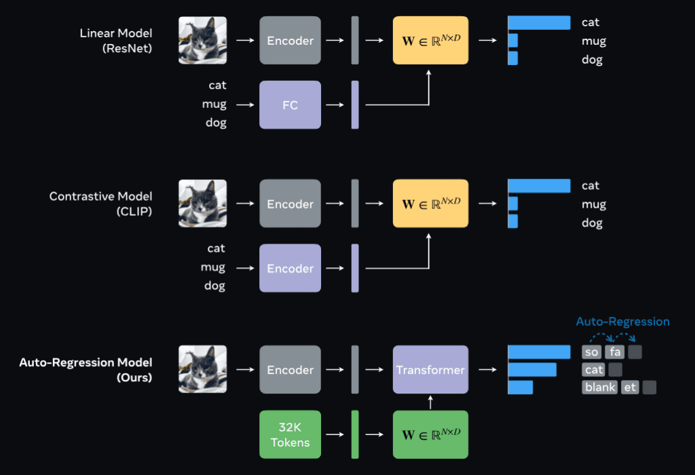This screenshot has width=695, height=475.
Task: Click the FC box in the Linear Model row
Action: point(290,105)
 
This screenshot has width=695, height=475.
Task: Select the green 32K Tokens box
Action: point(290,434)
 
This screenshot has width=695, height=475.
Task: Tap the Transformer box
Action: point(430,370)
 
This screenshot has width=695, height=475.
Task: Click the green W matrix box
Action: point(430,434)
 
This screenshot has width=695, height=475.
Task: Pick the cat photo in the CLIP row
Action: point(202,204)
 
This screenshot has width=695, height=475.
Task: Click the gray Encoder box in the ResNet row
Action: point(290,41)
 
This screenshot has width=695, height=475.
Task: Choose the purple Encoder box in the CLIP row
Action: point(290,268)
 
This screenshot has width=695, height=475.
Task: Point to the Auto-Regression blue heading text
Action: point(622,322)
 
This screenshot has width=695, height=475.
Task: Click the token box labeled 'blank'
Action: point(599,387)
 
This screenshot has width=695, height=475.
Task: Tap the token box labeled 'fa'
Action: point(614,352)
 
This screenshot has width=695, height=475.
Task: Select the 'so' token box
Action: point(591,352)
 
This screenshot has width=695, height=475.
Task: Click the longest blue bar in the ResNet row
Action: point(539,22)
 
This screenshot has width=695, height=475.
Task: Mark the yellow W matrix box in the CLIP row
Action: point(430,204)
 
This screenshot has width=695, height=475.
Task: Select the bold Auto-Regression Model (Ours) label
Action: point(86,370)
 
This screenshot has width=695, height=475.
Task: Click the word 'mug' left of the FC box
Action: point(214,104)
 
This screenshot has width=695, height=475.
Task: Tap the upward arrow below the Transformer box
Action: point(430,402)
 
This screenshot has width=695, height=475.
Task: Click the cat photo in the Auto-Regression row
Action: point(202,370)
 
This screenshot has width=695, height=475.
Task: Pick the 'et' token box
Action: point(630,387)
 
